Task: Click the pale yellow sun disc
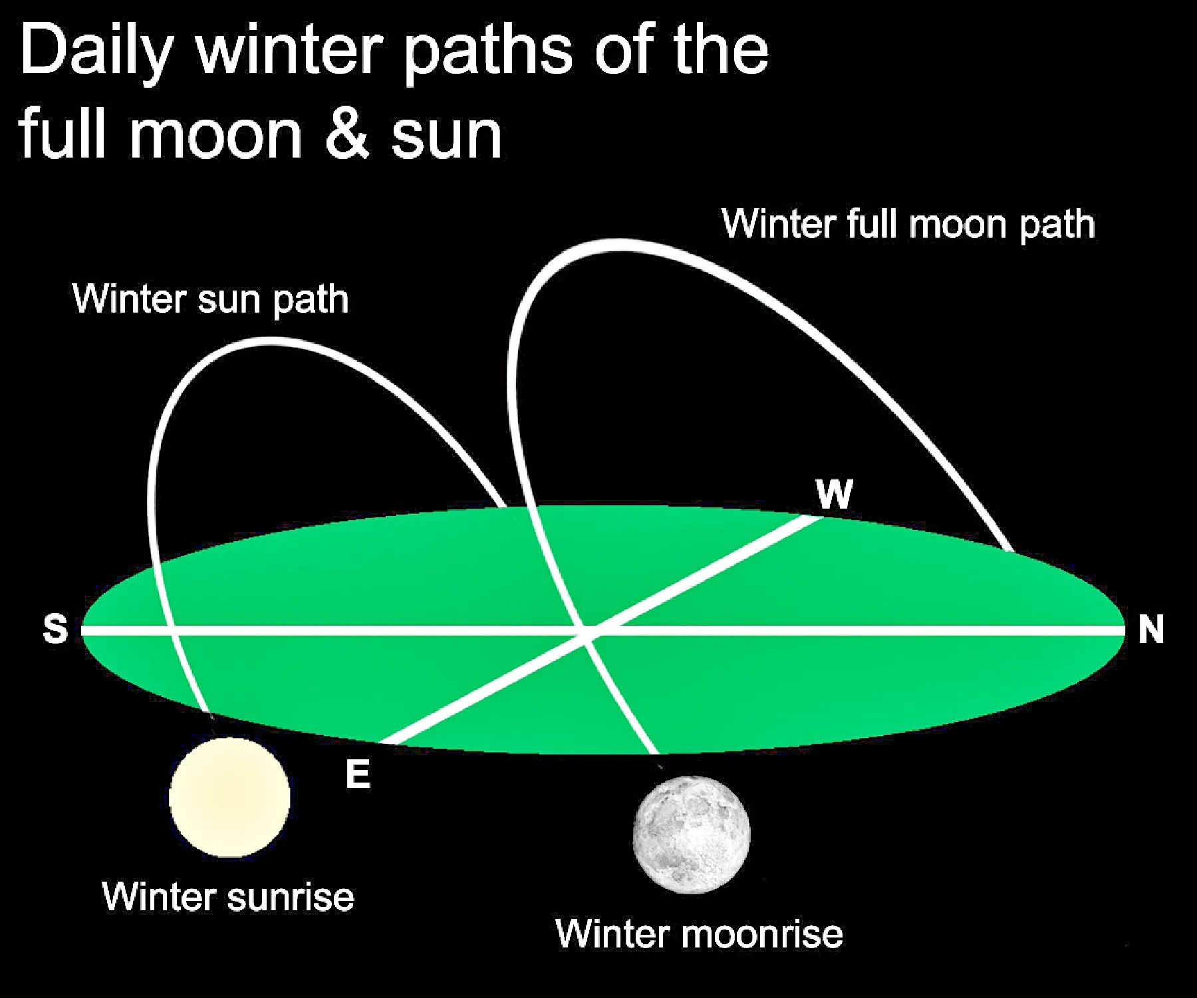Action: click(x=229, y=797)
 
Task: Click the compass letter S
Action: click(x=55, y=628)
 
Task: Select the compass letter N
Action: click(x=1151, y=629)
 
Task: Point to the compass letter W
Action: click(x=834, y=494)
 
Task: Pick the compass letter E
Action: click(x=358, y=773)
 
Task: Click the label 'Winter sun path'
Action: click(x=211, y=299)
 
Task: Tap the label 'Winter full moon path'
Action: click(x=908, y=223)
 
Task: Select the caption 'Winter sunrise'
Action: click(x=228, y=896)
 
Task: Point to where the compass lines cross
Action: click(x=588, y=630)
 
